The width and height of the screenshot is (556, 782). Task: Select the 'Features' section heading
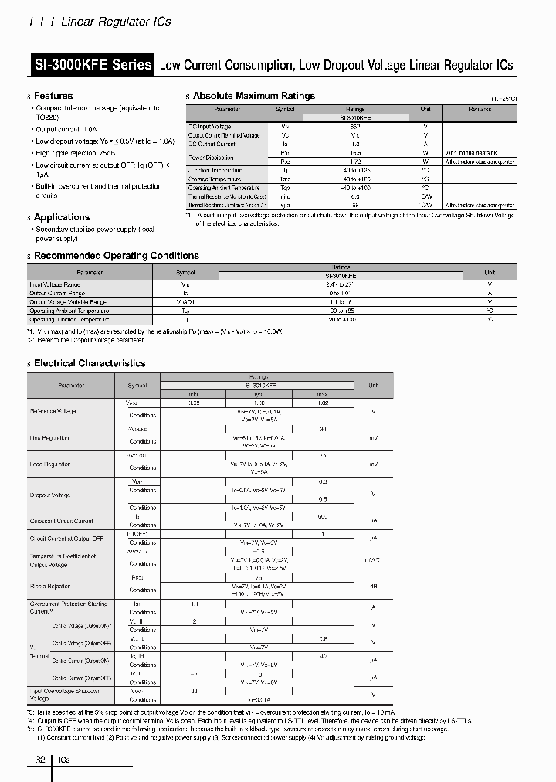pos(53,96)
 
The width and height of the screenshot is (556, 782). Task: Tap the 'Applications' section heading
pos(62,217)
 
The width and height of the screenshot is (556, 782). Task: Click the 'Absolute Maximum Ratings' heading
pos(253,96)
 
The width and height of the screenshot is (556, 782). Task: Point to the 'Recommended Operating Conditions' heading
pos(117,256)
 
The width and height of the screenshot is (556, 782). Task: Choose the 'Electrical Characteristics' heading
pos(90,363)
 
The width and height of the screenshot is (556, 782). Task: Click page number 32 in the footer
pos(41,760)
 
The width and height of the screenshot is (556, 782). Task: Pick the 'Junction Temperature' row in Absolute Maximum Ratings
pos(215,170)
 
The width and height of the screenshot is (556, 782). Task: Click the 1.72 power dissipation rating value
pos(355,161)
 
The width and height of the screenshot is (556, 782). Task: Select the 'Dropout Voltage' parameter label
pos(50,495)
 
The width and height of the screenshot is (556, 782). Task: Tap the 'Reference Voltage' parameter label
pos(53,411)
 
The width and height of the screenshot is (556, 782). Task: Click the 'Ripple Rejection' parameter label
pos(50,586)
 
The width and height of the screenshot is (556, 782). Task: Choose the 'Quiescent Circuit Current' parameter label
pos(61,521)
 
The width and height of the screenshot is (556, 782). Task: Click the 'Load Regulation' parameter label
pos(50,464)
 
